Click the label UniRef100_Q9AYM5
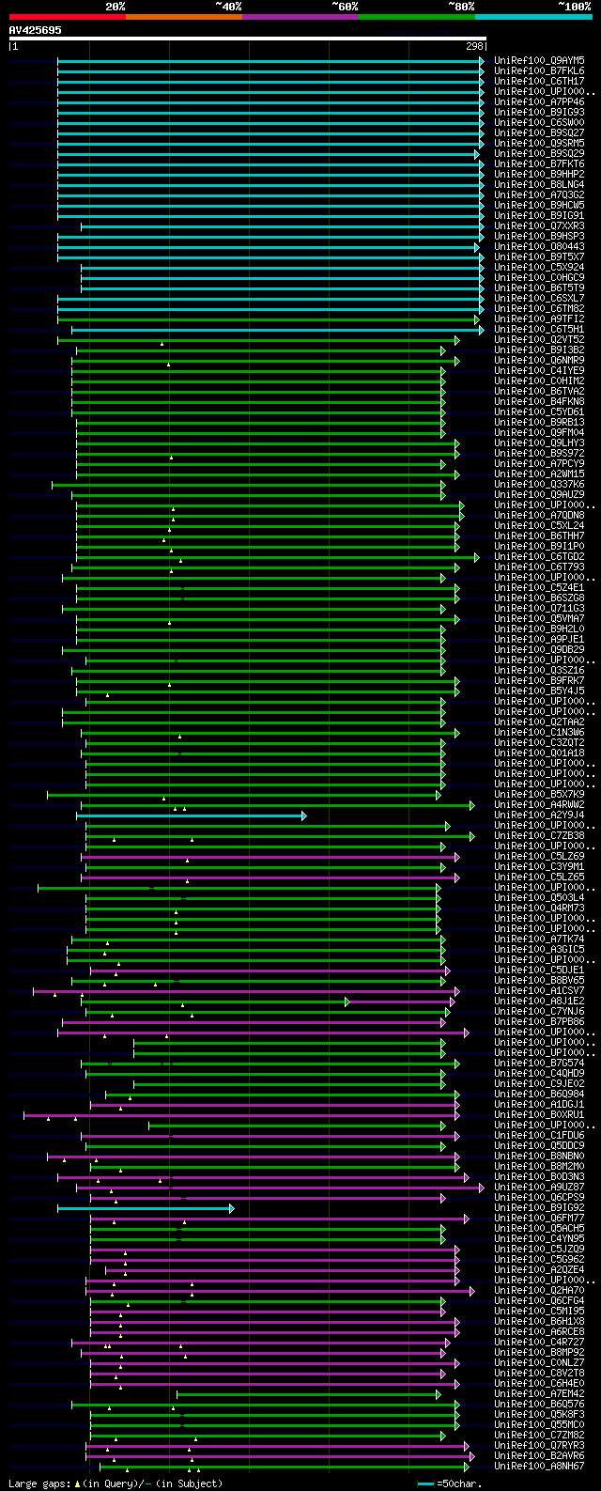tap(538, 60)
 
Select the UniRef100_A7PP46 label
tap(538, 101)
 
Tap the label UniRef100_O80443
tap(538, 246)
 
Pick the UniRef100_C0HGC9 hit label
tap(538, 277)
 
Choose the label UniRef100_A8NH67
tap(538, 1466)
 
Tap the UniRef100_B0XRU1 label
tap(538, 1115)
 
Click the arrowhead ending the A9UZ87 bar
tap(482, 1188)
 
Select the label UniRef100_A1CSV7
tap(538, 990)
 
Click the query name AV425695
tap(35, 30)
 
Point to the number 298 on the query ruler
tap(473, 46)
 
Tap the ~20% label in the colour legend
tap(115, 6)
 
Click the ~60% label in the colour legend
tap(345, 6)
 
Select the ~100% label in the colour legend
tap(574, 6)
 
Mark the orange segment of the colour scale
tap(183, 16)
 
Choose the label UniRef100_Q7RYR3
tap(538, 1445)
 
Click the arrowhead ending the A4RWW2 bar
tap(472, 805)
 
